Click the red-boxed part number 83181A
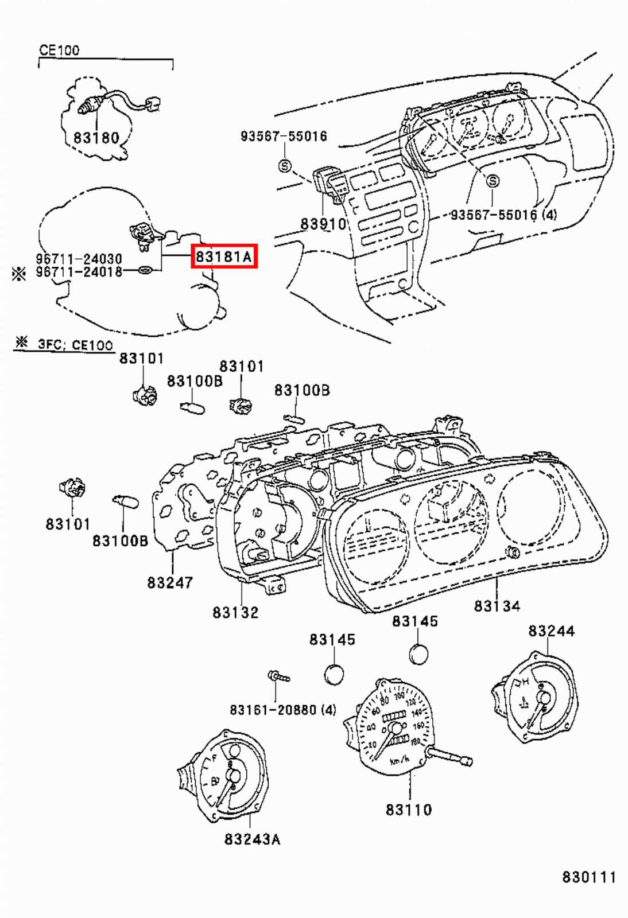(224, 256)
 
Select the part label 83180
(96, 138)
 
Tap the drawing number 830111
(588, 877)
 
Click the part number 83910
(323, 224)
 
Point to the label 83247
(170, 582)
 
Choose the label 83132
(235, 612)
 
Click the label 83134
(497, 606)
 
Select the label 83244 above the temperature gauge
(551, 631)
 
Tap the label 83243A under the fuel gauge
(253, 839)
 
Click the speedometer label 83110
(409, 810)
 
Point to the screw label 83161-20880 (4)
(283, 710)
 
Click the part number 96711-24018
(79, 272)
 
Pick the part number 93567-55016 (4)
(503, 215)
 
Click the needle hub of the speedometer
(395, 730)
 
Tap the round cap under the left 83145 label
(334, 674)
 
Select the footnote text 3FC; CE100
(75, 345)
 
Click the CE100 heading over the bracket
(59, 50)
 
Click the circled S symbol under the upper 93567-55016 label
(285, 166)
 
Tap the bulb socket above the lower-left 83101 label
(73, 488)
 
